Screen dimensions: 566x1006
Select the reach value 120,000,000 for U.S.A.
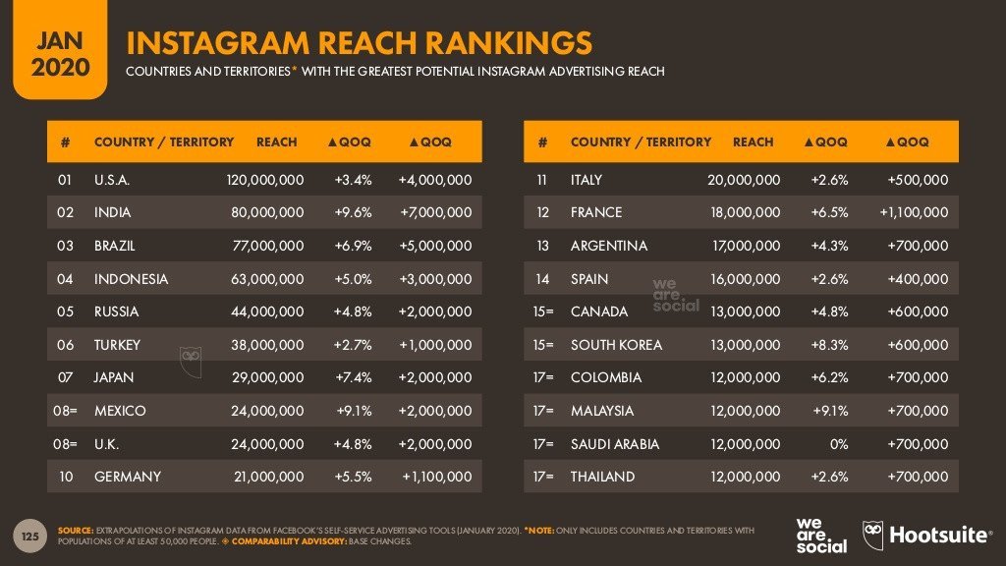tap(265, 180)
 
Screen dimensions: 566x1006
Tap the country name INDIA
tap(112, 212)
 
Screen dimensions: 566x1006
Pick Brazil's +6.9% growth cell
tap(353, 246)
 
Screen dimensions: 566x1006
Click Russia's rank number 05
tap(65, 311)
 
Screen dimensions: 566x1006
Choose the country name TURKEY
tap(117, 345)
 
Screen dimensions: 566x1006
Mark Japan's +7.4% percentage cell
tap(353, 377)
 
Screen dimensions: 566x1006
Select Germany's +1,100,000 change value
tap(437, 477)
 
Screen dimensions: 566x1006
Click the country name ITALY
tap(587, 180)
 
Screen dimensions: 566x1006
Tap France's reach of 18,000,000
tap(746, 212)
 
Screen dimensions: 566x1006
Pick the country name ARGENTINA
tap(609, 246)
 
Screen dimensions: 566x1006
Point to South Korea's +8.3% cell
tap(828, 345)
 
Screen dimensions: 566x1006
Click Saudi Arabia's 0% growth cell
tap(837, 443)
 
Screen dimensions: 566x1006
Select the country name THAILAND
tap(602, 477)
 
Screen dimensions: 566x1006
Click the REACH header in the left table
tap(276, 141)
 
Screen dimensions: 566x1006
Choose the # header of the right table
tap(541, 141)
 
